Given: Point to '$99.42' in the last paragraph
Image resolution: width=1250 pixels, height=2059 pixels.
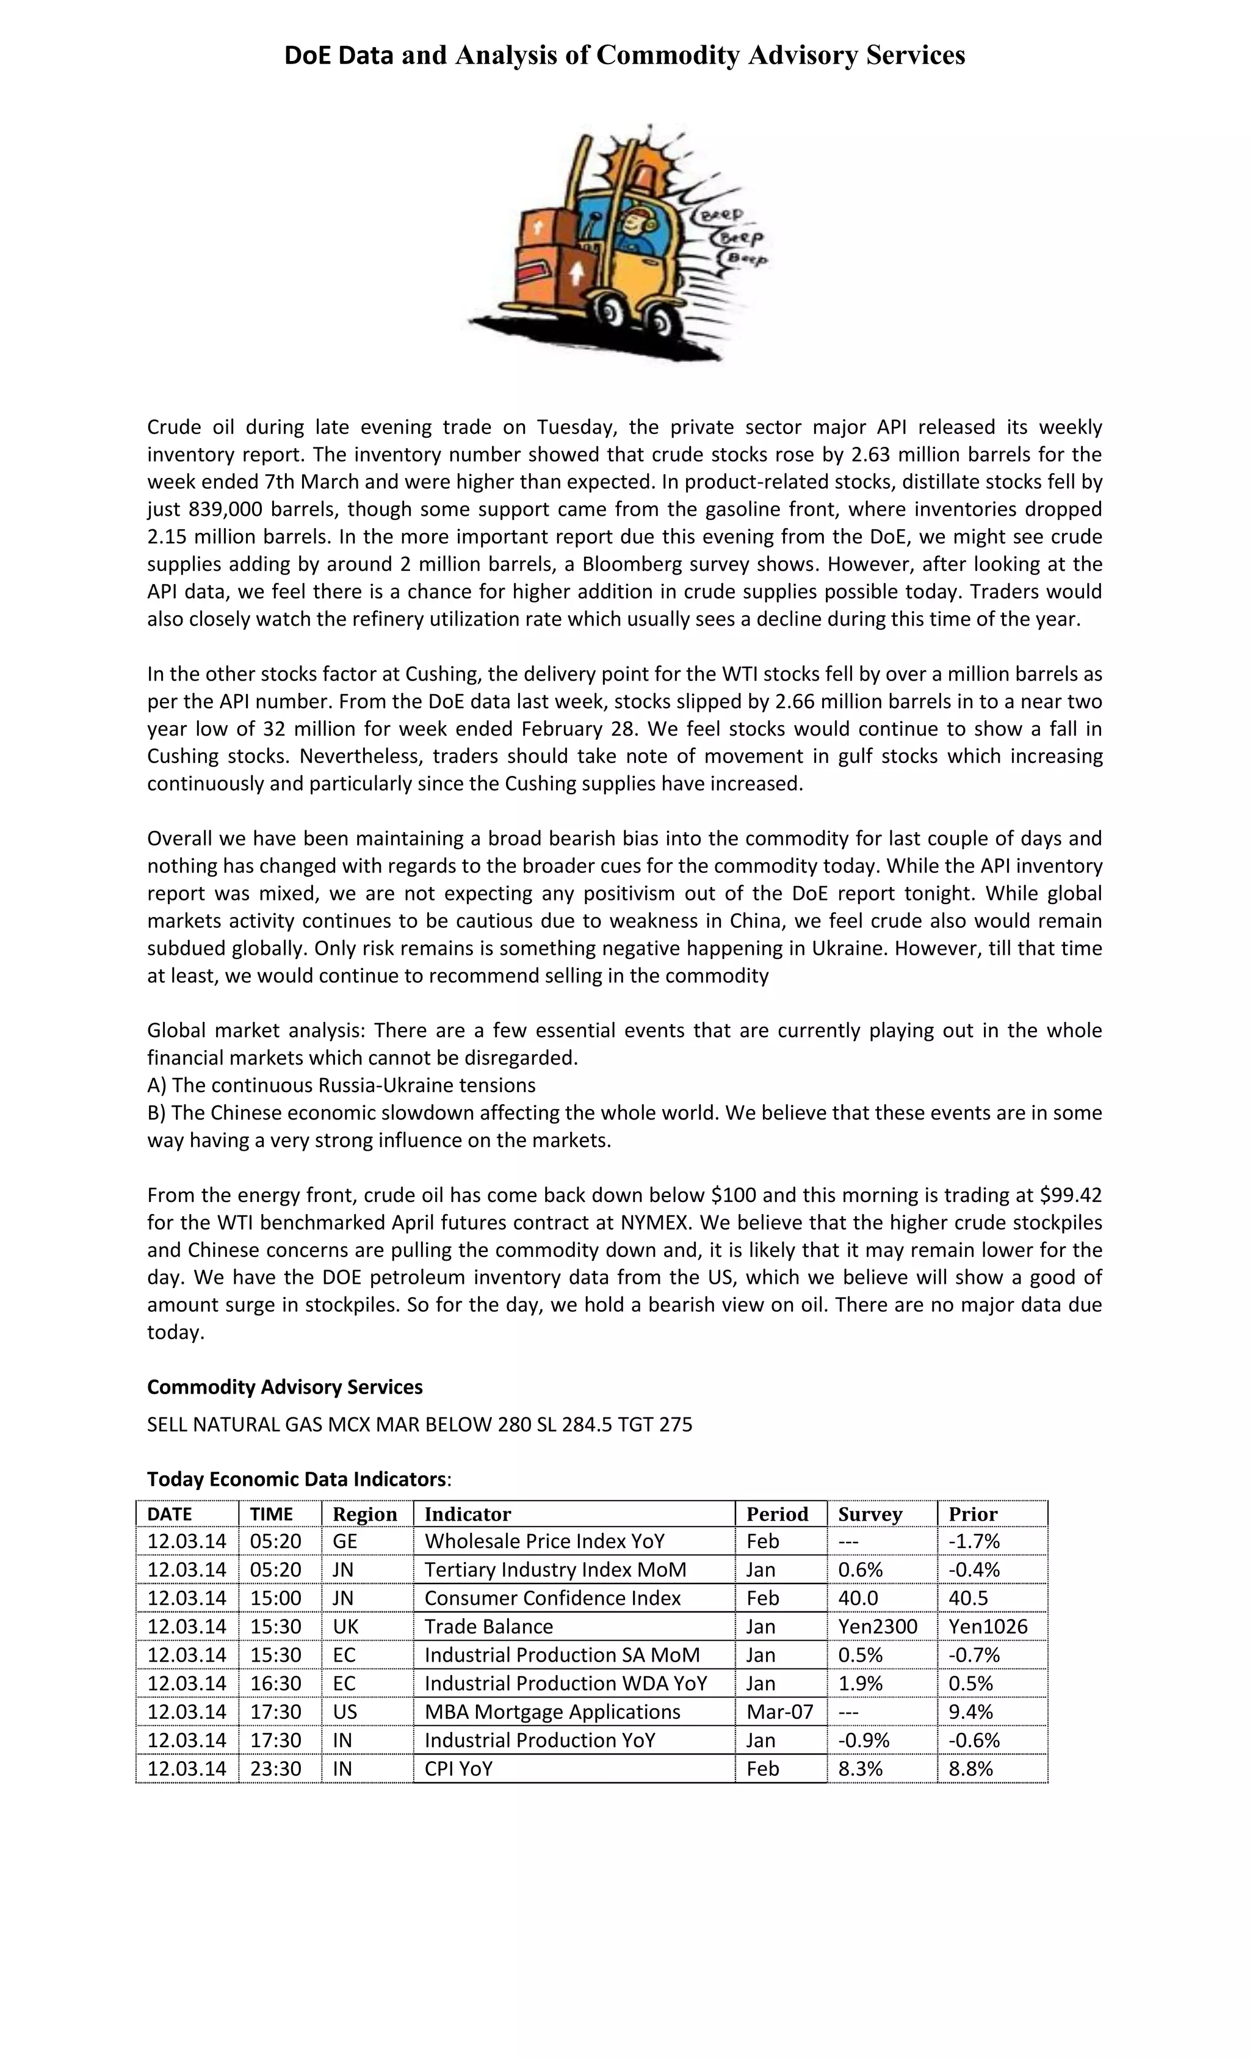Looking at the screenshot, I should tap(1071, 1195).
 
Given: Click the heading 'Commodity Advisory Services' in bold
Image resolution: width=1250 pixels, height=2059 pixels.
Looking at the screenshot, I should tap(285, 1387).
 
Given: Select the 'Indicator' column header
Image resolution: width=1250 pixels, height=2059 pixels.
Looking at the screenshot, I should tap(467, 1514).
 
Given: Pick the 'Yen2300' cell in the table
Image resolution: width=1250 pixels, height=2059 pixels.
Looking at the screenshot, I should tap(877, 1626).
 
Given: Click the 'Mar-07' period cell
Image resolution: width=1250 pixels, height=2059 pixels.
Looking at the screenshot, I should tap(779, 1712).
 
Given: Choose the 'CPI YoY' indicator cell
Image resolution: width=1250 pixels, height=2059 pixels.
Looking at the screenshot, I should tap(459, 1768).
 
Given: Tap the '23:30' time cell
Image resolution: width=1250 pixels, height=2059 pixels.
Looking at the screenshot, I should tap(276, 1768).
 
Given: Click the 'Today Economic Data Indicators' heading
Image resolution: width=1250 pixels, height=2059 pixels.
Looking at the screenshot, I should tap(297, 1479).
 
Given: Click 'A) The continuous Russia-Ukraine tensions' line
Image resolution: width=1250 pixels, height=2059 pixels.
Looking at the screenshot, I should tap(341, 1085).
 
